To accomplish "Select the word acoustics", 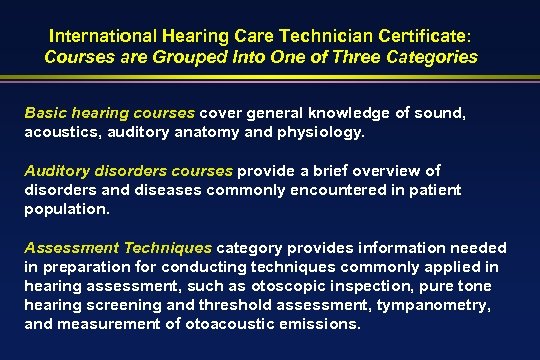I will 60,130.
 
